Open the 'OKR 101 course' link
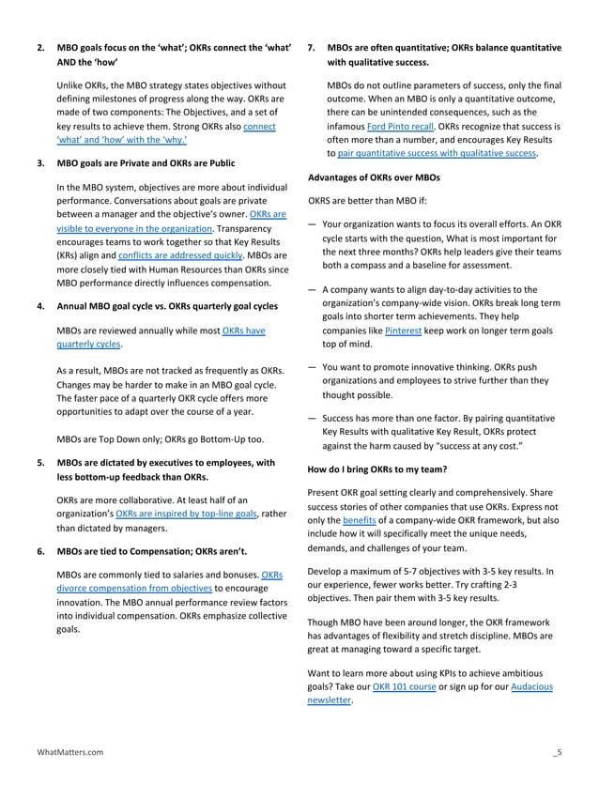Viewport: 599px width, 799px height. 404,686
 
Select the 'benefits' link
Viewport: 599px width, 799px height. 360,519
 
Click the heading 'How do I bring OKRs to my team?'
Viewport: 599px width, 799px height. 377,469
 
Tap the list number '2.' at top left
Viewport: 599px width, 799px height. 41,47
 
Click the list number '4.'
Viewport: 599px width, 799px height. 41,306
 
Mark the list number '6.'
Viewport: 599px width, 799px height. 41,550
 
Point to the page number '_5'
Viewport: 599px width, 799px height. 557,752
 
